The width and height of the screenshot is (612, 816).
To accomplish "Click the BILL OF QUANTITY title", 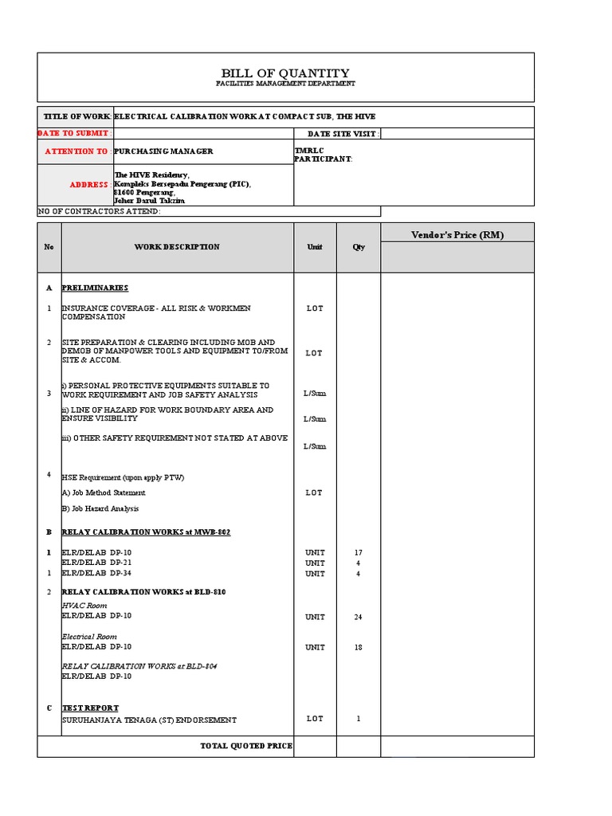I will [x=285, y=73].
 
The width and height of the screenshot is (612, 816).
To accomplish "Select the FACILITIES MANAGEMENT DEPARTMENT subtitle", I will [x=285, y=84].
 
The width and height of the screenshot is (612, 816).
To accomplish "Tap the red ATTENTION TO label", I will [x=76, y=151].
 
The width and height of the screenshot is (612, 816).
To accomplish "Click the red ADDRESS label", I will [x=88, y=185].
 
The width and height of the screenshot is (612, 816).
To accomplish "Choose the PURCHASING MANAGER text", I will [x=163, y=151].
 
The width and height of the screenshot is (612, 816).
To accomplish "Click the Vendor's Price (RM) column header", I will [x=457, y=234].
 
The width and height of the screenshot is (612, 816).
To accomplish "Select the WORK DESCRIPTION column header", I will [x=177, y=247].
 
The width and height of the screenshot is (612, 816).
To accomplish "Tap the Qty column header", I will [x=359, y=247].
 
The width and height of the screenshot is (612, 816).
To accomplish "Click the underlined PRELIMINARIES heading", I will [x=95, y=288].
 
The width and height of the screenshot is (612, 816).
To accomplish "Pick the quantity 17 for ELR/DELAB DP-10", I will [x=359, y=552].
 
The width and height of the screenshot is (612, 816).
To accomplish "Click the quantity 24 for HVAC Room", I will [x=359, y=617].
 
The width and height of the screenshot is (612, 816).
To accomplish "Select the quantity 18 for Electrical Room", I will [x=359, y=647].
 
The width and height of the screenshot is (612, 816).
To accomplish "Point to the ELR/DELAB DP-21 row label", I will [x=97, y=563].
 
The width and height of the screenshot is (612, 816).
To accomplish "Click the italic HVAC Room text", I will [x=84, y=606].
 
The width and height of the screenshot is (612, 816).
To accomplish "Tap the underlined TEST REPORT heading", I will [x=90, y=708].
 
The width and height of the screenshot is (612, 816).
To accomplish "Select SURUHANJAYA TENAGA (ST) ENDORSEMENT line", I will [x=149, y=720].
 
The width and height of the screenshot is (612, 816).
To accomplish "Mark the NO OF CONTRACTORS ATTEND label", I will [x=100, y=211].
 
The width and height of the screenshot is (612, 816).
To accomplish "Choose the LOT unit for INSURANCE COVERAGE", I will [x=315, y=308].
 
